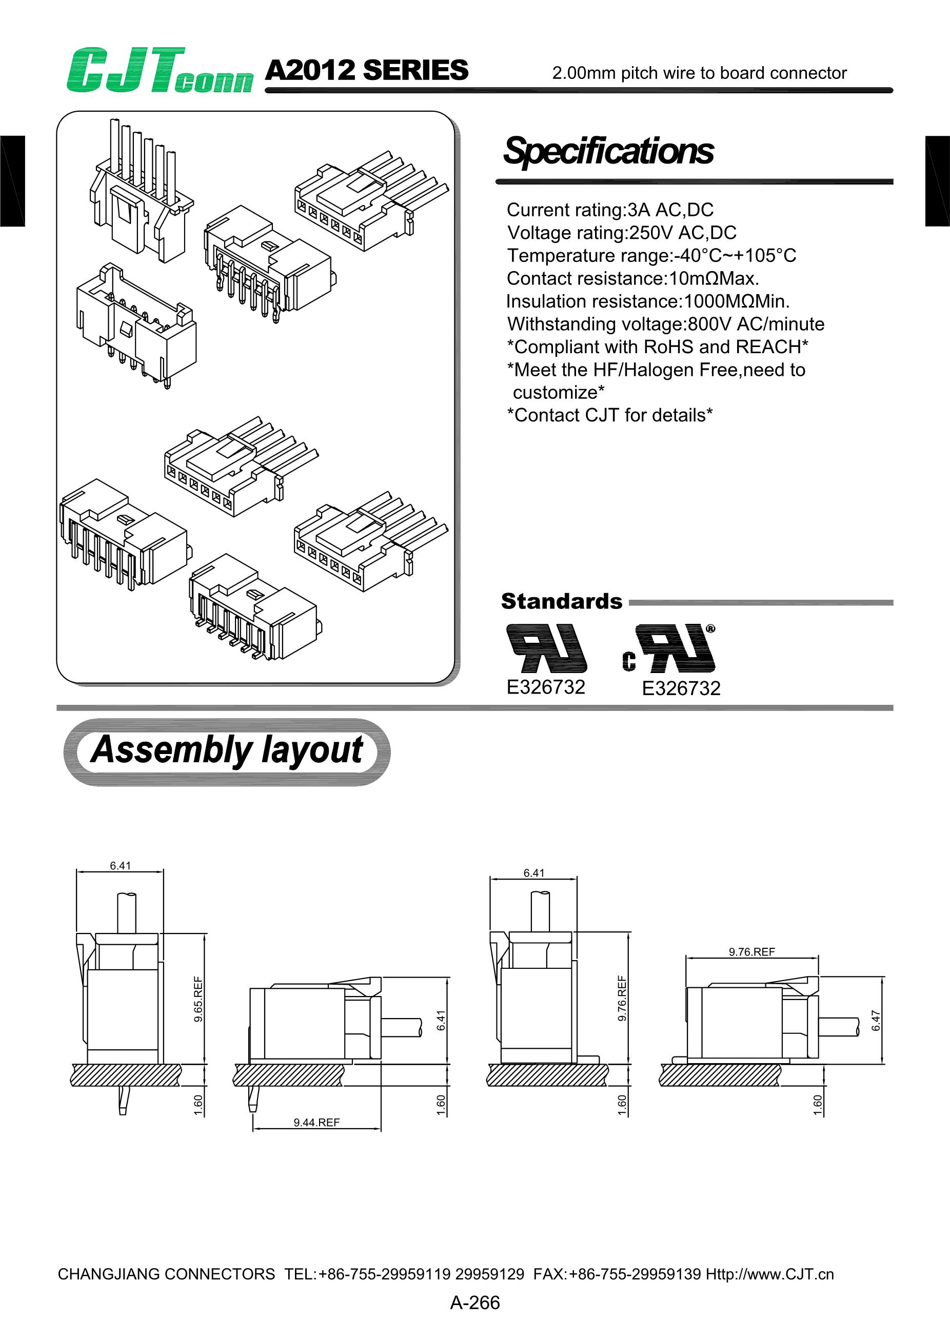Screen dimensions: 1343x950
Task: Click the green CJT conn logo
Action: [159, 71]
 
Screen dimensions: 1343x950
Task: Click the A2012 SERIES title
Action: [366, 70]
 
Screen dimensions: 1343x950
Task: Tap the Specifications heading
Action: [608, 151]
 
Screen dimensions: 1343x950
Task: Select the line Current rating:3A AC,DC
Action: [609, 210]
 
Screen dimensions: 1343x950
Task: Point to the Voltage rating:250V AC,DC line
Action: [621, 233]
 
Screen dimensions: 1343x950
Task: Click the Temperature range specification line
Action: [651, 256]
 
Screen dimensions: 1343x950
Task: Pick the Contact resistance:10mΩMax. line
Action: [632, 278]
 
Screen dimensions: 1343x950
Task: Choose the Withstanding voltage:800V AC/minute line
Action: [665, 324]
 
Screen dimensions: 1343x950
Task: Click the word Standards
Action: [561, 601]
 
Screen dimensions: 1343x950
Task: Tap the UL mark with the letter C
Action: [669, 649]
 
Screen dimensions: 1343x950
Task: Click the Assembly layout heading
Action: [227, 750]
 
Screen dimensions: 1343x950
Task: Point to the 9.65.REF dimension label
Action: [199, 999]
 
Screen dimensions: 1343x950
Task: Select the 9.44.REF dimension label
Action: [316, 1122]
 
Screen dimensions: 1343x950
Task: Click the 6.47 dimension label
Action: [876, 1020]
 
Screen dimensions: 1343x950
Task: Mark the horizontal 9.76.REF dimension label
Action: [751, 952]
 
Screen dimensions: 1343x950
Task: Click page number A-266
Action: [474, 1303]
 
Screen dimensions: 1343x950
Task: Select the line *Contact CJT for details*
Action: [609, 415]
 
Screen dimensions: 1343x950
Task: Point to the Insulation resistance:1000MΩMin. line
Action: [648, 301]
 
